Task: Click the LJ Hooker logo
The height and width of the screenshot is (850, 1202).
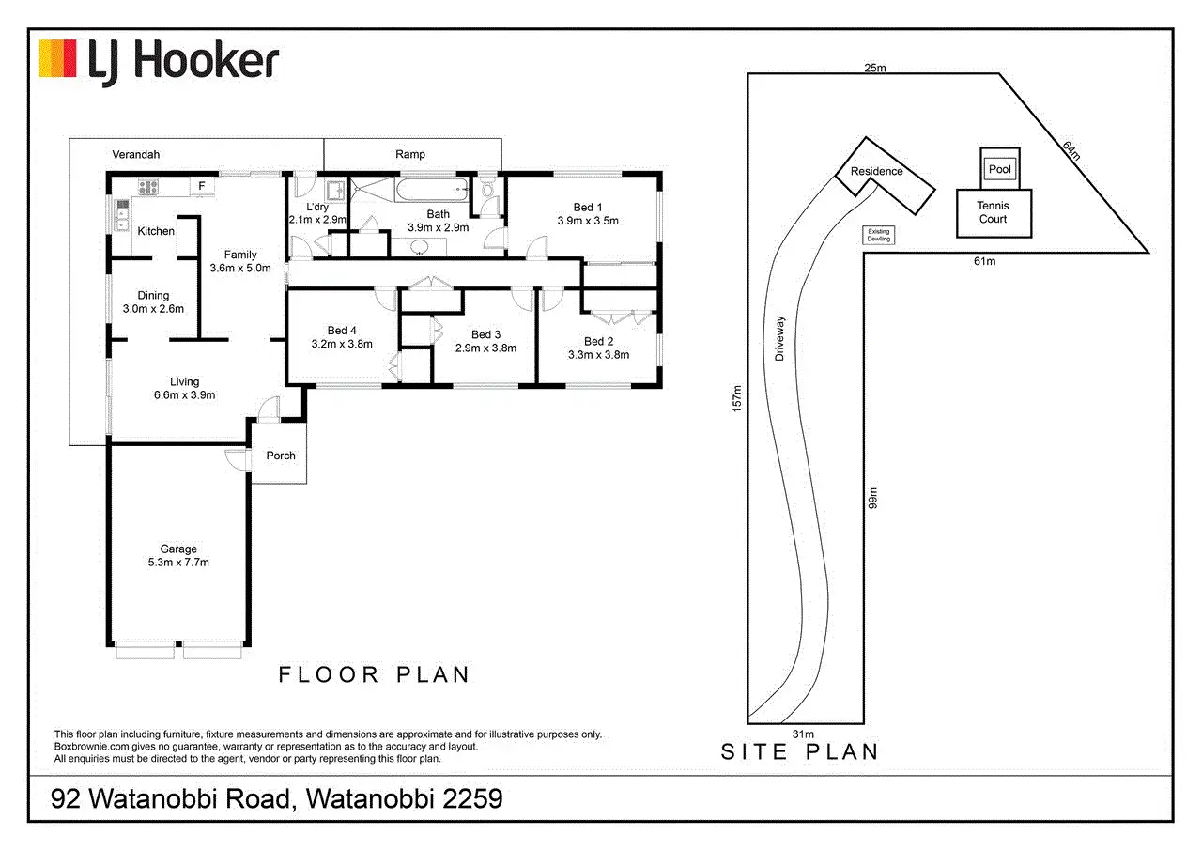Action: [x=158, y=60]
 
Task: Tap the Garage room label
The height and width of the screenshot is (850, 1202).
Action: [x=177, y=549]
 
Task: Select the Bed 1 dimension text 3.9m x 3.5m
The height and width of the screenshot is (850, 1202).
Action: [x=588, y=221]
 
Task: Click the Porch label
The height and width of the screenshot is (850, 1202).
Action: [x=281, y=456]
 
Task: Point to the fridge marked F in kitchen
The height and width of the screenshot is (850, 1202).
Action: [x=201, y=186]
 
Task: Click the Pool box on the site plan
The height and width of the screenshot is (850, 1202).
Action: [x=999, y=169]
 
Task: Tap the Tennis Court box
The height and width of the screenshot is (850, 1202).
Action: [x=993, y=212]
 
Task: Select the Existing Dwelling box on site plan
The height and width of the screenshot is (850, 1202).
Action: [x=878, y=235]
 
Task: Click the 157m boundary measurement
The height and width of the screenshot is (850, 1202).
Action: [x=738, y=397]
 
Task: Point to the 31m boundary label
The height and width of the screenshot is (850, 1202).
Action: [x=802, y=734]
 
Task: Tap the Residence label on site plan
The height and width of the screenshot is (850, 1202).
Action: [x=876, y=171]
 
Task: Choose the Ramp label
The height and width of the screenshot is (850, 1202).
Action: [x=409, y=154]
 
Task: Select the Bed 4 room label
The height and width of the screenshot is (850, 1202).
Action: [x=342, y=330]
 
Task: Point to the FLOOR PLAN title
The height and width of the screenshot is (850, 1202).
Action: [x=374, y=674]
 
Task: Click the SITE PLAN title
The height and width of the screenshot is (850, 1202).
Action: [x=800, y=751]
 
